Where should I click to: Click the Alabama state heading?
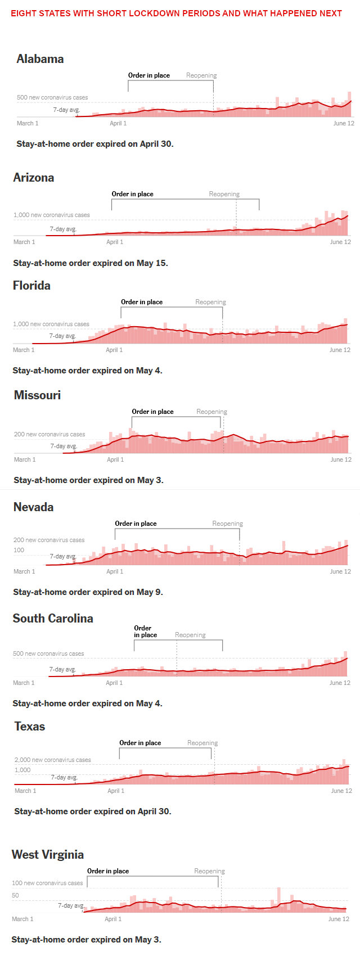pyautogui.click(x=40, y=59)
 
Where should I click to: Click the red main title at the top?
pyautogui.click(x=176, y=13)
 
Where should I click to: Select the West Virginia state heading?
pyautogui.click(x=48, y=855)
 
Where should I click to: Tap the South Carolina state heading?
pyautogui.click(x=53, y=619)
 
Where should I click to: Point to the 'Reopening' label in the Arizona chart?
pyautogui.click(x=224, y=194)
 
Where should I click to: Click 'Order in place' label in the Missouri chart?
pyautogui.click(x=152, y=412)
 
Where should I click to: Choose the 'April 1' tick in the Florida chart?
pyautogui.click(x=114, y=350)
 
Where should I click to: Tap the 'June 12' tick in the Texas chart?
pyautogui.click(x=341, y=791)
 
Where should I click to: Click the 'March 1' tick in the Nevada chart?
pyautogui.click(x=24, y=571)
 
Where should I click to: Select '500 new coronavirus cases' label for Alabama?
pyautogui.click(x=52, y=97)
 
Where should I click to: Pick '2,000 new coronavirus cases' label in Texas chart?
pyautogui.click(x=52, y=760)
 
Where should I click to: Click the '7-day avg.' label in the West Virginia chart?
pyautogui.click(x=71, y=905)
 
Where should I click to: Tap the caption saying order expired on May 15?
pyautogui.click(x=91, y=263)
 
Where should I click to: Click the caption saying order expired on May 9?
pyautogui.click(x=88, y=592)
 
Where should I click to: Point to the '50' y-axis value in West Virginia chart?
pyautogui.click(x=15, y=895)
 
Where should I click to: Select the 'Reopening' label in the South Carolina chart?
pyautogui.click(x=190, y=635)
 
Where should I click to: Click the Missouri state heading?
pyautogui.click(x=37, y=395)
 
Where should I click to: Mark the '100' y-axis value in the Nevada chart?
pyautogui.click(x=19, y=550)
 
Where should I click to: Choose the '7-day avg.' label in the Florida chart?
pyautogui.click(x=62, y=336)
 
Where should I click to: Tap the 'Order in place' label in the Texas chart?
pyautogui.click(x=140, y=743)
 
